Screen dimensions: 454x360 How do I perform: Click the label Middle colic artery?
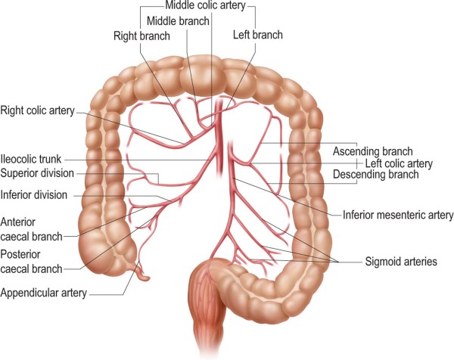(205, 5)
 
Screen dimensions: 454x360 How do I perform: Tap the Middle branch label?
(178, 21)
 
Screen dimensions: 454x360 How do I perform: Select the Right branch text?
(141, 36)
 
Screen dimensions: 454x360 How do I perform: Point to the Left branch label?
(258, 35)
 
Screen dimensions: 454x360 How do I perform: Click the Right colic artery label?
(38, 110)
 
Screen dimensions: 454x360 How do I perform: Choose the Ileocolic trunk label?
(31, 159)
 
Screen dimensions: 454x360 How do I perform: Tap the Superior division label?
(37, 173)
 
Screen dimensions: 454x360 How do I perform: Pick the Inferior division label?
(34, 195)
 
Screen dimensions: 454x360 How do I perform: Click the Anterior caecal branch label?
(31, 229)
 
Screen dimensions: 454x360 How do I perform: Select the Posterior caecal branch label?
(31, 262)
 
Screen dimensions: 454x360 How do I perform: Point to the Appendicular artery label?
(43, 293)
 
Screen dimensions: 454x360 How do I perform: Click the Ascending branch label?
(372, 151)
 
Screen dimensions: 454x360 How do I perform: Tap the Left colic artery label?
(399, 163)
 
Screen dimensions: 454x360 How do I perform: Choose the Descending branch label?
(376, 174)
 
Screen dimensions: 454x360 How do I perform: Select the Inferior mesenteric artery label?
(398, 215)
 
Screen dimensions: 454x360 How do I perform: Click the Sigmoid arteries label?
(401, 262)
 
